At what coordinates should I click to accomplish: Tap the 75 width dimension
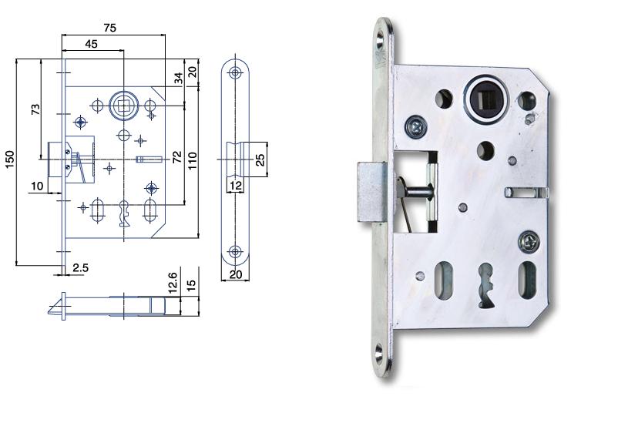[109, 28]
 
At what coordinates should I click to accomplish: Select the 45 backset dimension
[92, 44]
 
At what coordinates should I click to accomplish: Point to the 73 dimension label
[35, 109]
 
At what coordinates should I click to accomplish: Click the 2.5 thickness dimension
[80, 267]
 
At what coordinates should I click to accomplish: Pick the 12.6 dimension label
[173, 283]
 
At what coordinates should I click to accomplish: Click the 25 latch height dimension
[260, 159]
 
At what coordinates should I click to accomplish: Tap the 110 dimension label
[192, 160]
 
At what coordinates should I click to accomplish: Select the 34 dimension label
[179, 78]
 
